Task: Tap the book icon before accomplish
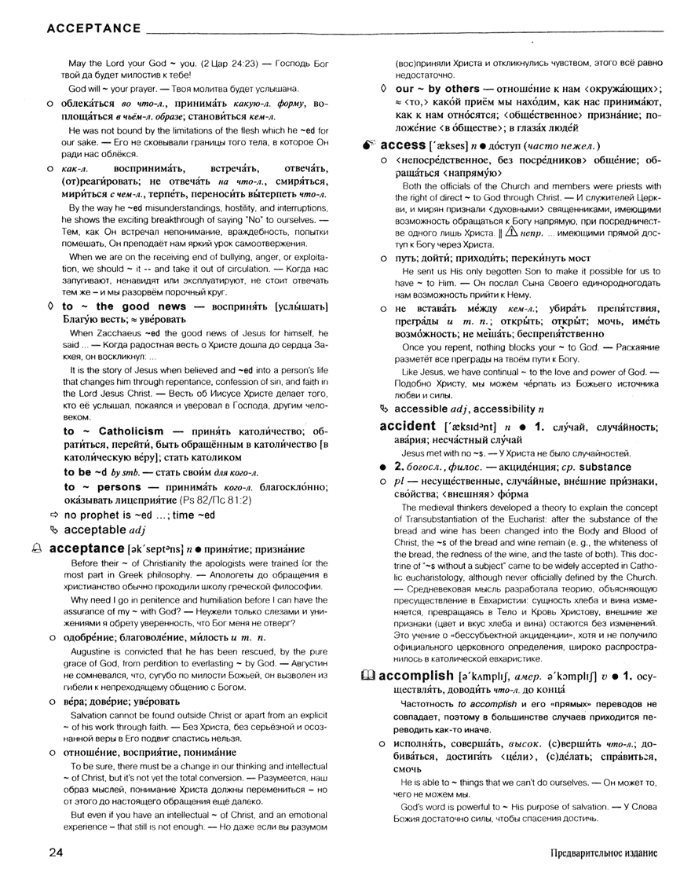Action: pos(367,675)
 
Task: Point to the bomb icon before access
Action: pos(370,146)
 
